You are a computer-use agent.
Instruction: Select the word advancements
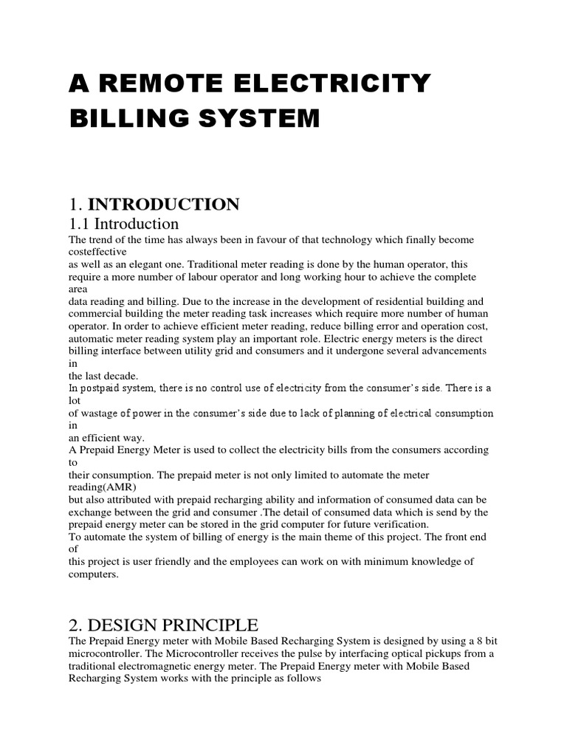click(451, 351)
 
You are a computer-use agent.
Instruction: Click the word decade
click(123, 376)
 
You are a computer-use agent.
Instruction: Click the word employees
click(252, 562)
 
